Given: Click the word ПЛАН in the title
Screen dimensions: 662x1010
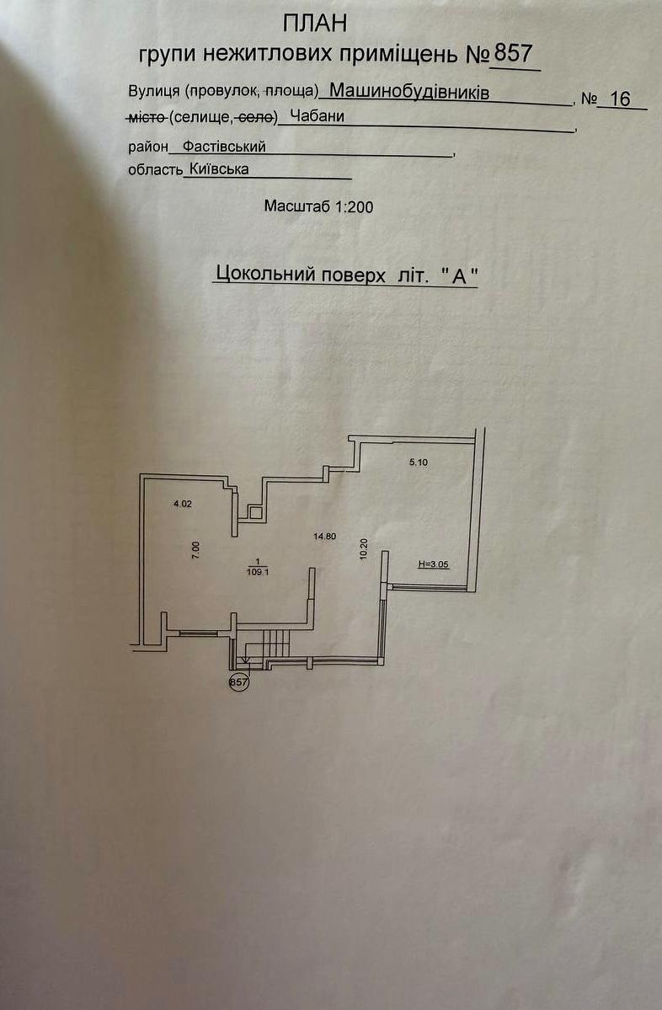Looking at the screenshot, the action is [x=315, y=24].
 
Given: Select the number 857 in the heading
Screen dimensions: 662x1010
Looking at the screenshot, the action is [x=513, y=53].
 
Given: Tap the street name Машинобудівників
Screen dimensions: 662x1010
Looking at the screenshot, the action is [x=409, y=92].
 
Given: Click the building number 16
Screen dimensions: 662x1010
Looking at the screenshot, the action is [x=620, y=99].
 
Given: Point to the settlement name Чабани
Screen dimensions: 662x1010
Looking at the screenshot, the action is [x=317, y=116].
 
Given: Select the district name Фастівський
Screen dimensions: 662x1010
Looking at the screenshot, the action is [x=224, y=147].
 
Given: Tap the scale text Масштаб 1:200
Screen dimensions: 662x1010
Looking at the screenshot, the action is [x=318, y=206].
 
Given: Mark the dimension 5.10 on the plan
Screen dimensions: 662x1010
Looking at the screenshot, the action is [x=419, y=462].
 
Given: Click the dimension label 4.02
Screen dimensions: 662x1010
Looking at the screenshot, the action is [x=182, y=504].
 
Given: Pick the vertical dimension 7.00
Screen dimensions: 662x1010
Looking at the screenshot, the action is [x=196, y=549].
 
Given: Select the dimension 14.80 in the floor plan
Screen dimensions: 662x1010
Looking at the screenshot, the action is [x=324, y=536].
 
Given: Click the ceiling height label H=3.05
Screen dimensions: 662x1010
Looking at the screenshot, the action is [x=434, y=564].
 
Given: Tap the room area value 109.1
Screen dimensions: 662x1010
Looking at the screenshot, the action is [x=257, y=570].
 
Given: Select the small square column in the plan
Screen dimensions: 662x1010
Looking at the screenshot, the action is [x=255, y=513].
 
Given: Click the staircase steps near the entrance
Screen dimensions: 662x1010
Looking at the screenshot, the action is [x=276, y=642].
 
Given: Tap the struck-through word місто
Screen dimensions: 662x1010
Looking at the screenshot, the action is [x=148, y=117].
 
